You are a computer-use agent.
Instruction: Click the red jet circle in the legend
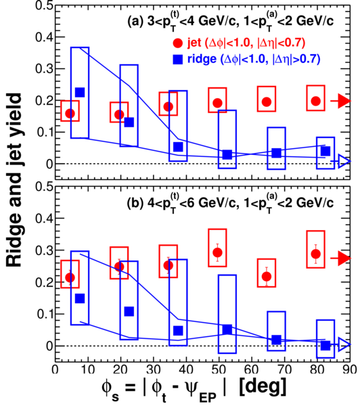178,43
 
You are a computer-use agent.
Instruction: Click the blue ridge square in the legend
178,60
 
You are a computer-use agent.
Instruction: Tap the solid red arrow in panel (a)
340,101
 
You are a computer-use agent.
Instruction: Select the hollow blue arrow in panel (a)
340,162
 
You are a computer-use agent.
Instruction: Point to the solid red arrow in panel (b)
340,258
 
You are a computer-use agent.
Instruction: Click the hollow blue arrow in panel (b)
340,344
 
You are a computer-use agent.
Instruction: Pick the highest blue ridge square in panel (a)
80,92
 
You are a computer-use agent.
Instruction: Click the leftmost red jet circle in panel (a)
70,113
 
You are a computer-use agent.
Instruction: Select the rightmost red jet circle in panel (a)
316,101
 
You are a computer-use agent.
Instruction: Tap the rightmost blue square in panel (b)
325,345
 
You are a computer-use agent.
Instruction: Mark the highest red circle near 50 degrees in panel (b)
217,252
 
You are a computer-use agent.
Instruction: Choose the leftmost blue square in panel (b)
80,298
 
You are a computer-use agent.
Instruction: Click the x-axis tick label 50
219,369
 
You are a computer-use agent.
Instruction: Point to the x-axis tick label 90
350,369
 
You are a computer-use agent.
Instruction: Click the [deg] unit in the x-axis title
263,386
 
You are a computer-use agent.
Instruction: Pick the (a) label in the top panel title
135,22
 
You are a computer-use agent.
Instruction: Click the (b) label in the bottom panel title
135,203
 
